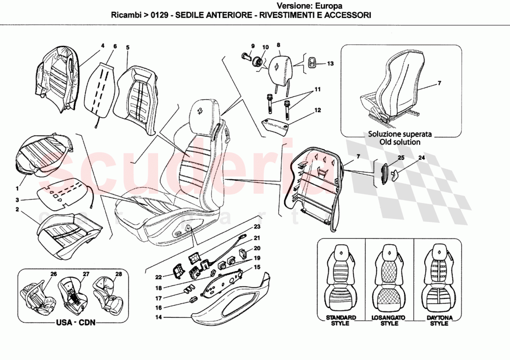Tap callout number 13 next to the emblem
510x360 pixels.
point(330,63)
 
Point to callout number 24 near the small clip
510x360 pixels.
point(421,158)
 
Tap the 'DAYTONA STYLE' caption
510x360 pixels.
point(439,320)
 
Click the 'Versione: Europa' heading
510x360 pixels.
point(310,6)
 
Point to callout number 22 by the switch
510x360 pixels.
point(159,277)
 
